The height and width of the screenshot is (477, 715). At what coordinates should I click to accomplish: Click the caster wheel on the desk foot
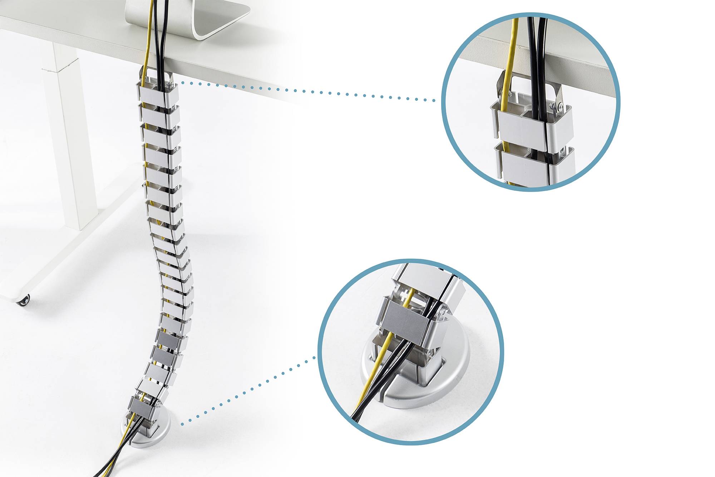pyautogui.click(x=23, y=300)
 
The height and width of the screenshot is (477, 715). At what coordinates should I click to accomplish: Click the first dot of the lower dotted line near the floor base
pyautogui.click(x=182, y=424)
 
